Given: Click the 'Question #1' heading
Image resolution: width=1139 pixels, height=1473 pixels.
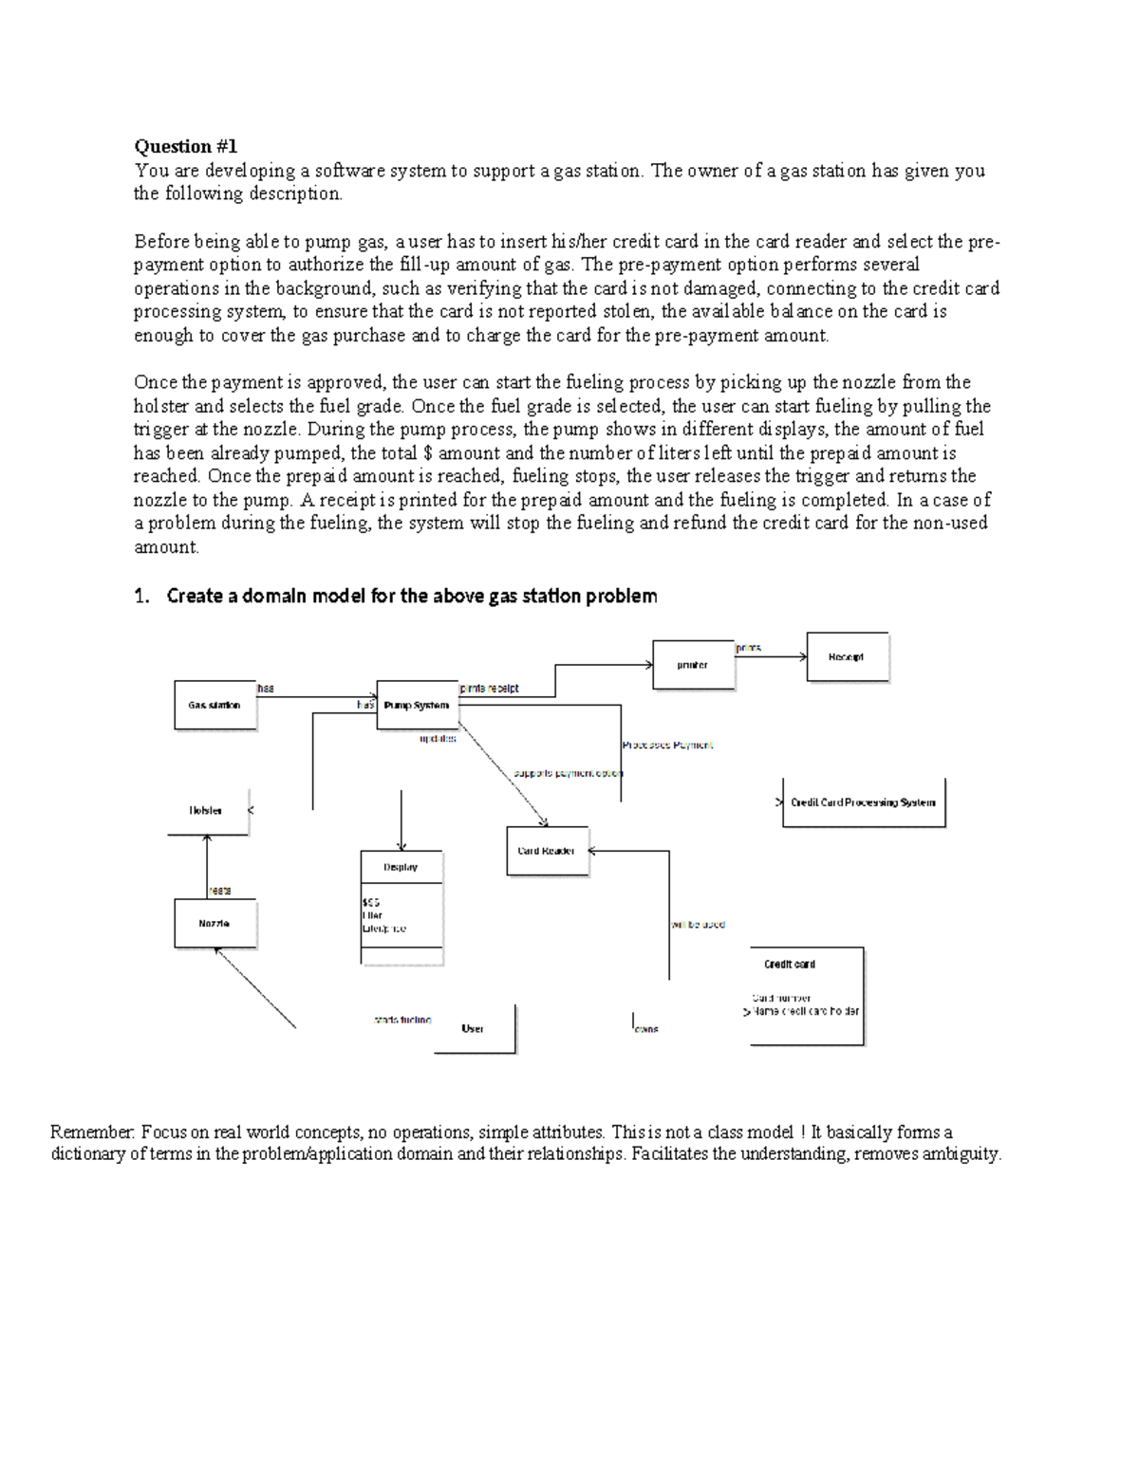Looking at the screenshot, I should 185,146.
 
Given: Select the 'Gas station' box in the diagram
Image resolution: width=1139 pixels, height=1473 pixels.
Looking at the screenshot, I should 215,705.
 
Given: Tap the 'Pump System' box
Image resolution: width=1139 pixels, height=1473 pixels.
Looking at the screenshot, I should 417,705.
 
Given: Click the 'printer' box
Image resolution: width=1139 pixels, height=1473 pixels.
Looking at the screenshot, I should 693,665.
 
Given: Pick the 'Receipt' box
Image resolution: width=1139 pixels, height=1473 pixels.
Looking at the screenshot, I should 847,656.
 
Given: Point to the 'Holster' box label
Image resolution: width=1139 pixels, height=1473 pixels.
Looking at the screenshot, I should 206,811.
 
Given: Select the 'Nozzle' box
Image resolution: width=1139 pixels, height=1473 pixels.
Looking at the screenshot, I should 215,923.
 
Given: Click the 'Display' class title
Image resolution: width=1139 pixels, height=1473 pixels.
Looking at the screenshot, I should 401,867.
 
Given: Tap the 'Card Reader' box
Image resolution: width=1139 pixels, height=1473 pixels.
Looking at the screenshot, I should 547,851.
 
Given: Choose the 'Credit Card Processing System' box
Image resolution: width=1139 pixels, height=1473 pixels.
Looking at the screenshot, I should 863,802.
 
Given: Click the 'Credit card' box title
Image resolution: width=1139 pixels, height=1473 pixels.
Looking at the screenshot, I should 790,964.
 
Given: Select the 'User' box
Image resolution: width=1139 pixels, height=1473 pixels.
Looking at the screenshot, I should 474,1028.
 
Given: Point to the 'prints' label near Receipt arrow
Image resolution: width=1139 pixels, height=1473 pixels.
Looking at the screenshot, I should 749,648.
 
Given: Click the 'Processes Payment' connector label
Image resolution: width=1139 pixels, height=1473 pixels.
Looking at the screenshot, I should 667,746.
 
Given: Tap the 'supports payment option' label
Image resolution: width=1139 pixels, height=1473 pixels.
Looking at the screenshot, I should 568,773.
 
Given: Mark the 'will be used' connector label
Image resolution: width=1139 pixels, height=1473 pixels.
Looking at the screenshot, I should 699,924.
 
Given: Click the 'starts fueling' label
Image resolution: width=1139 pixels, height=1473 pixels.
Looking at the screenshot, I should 402,1020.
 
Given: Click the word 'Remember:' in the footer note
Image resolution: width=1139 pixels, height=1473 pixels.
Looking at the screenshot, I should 93,1132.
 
